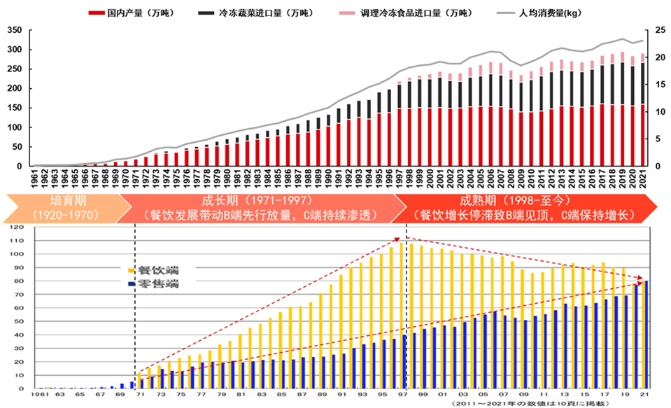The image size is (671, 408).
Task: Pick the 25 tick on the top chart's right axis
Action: point(658,31)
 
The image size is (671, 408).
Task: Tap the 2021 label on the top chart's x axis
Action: point(642,178)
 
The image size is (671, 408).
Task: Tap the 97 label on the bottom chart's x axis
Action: point(404,396)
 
